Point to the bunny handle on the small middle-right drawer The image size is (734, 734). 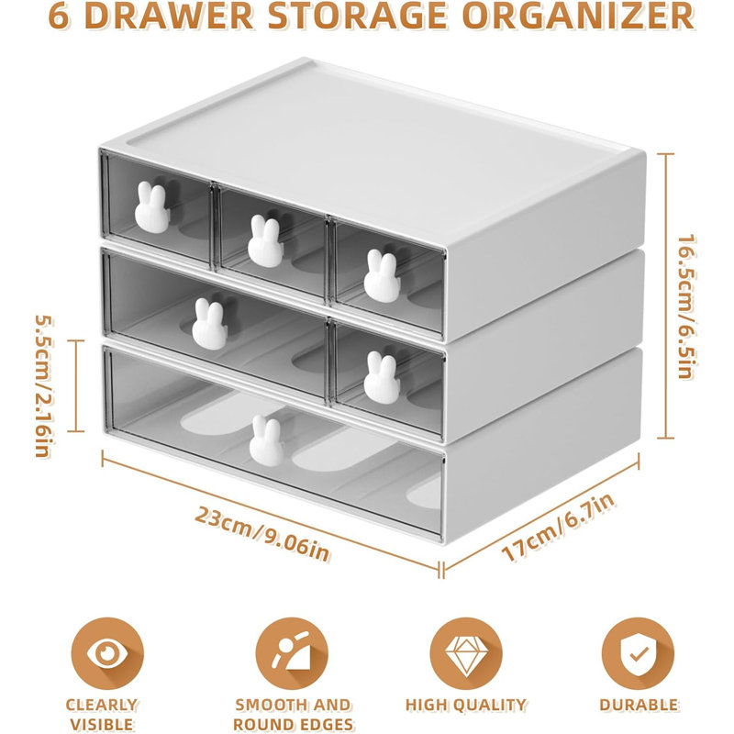(x=379, y=377)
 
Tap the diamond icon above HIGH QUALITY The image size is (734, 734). (x=466, y=652)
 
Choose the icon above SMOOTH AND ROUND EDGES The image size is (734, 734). (x=292, y=652)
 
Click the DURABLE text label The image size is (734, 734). (x=639, y=706)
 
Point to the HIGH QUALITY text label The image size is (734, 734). (x=466, y=706)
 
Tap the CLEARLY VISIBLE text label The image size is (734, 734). (x=101, y=715)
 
